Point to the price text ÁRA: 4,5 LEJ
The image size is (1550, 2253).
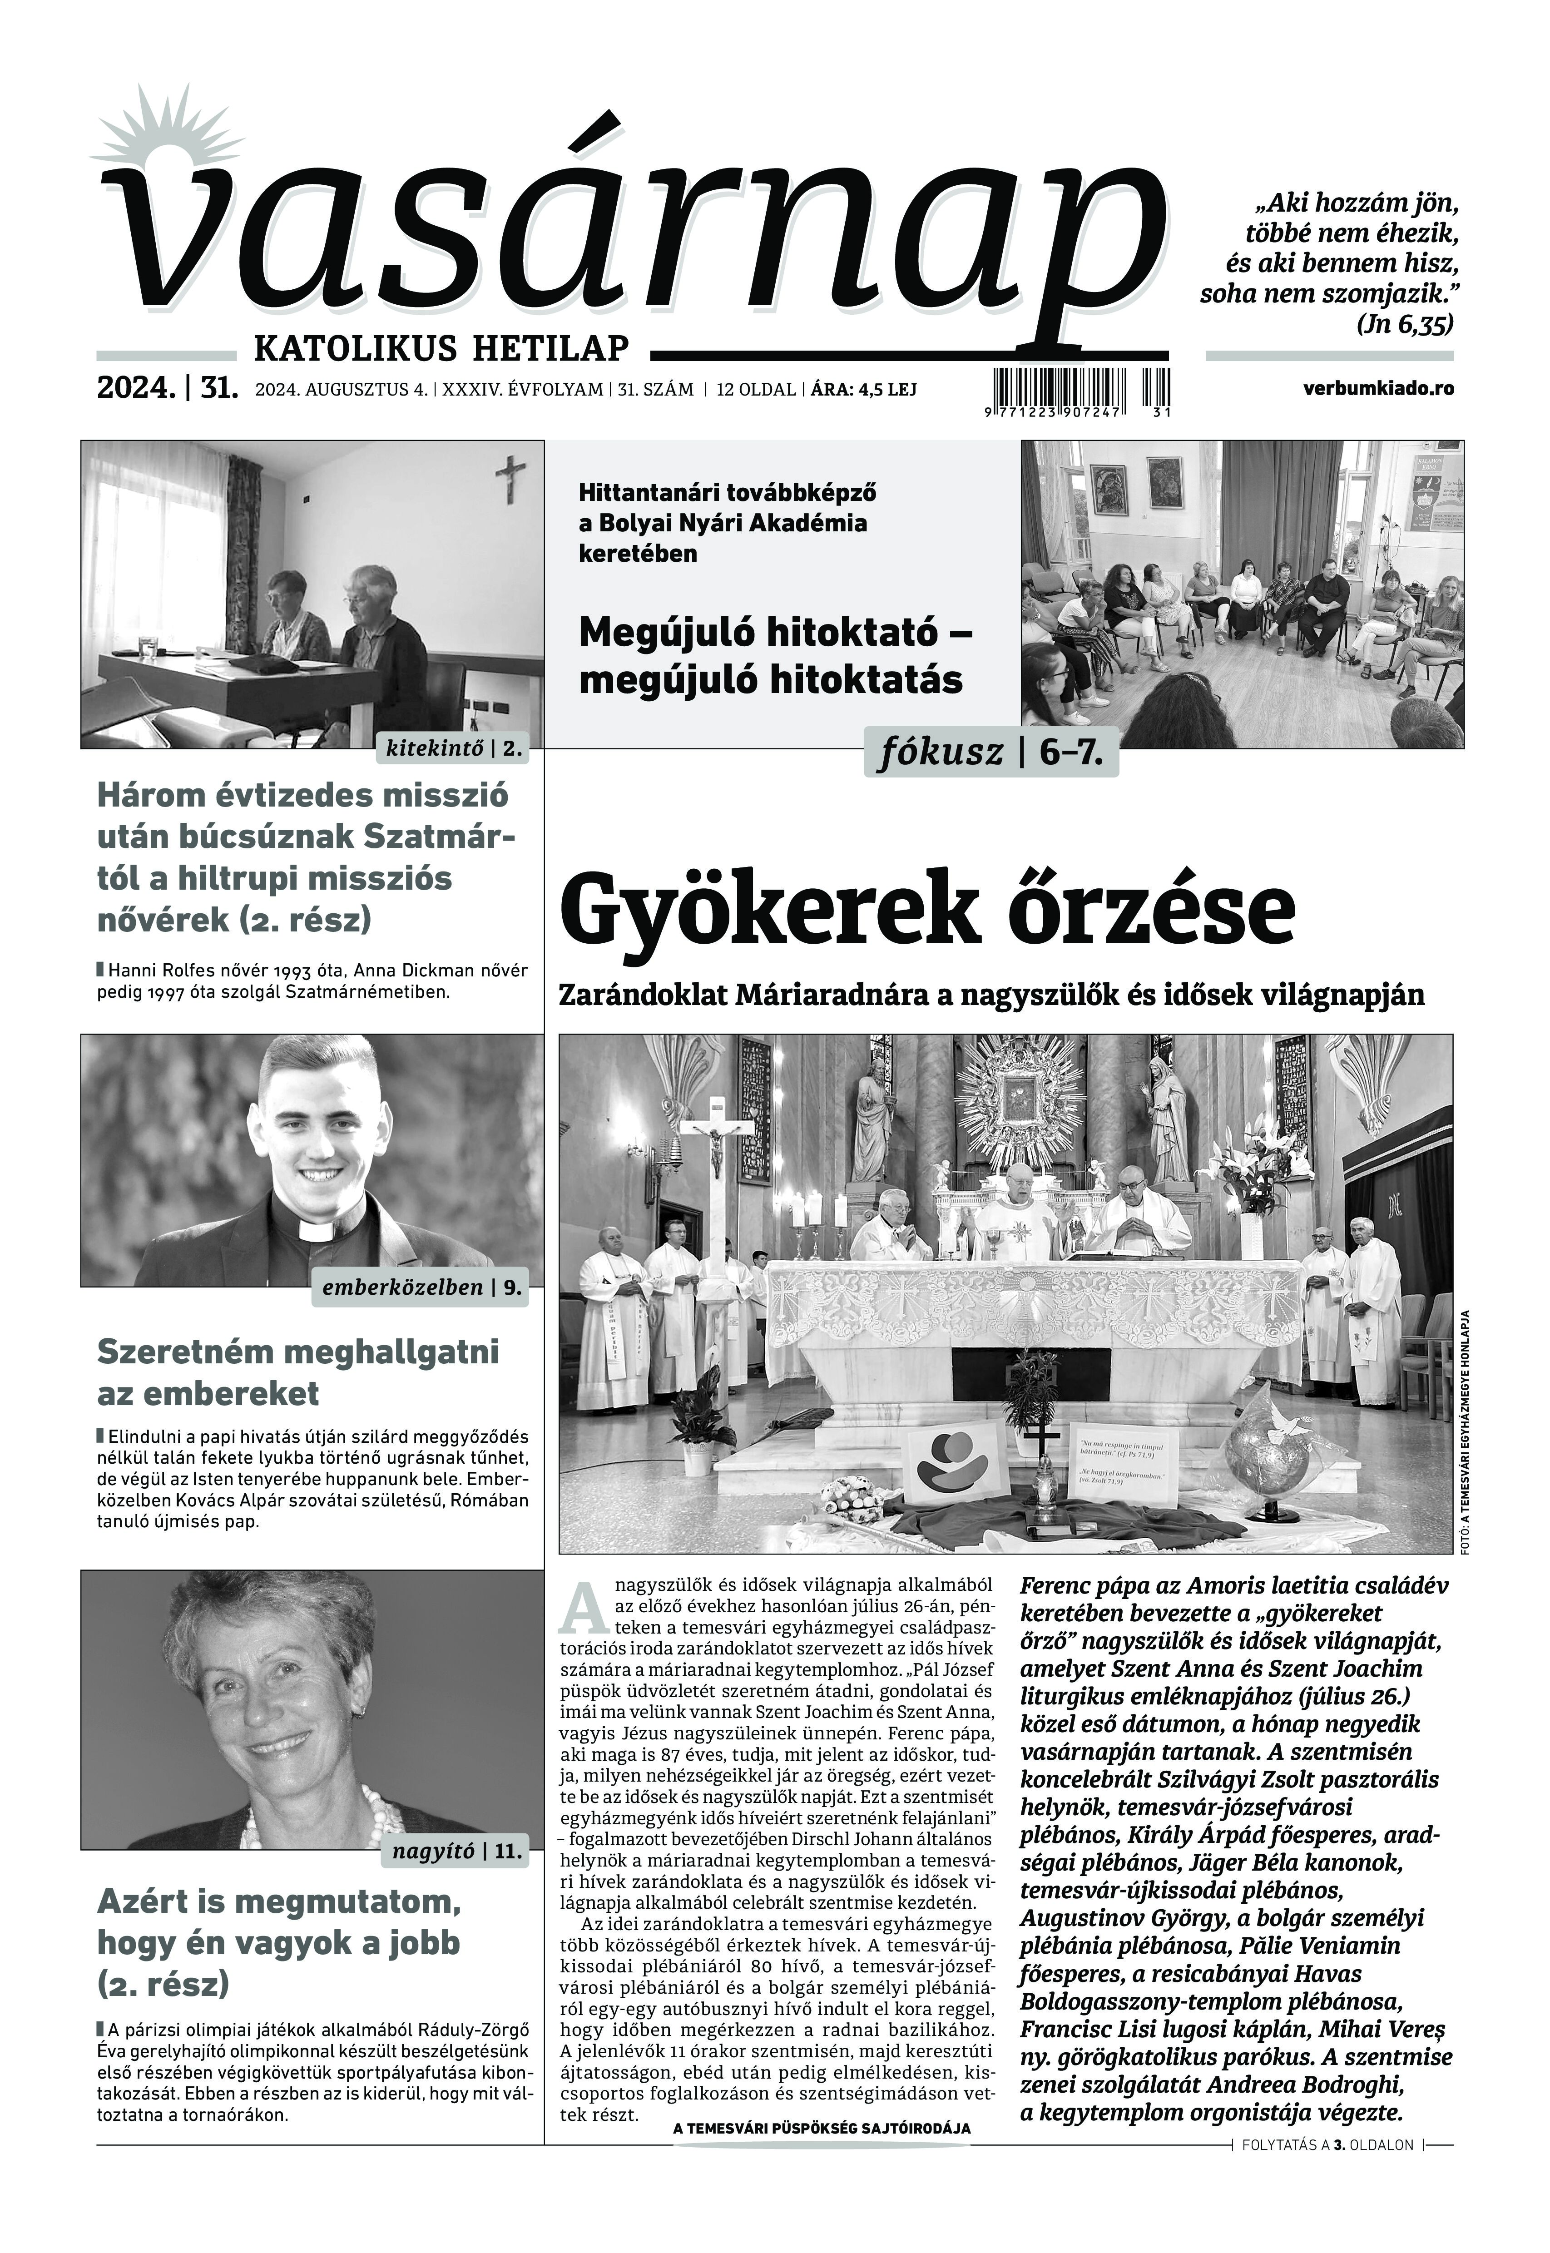click(863, 389)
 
